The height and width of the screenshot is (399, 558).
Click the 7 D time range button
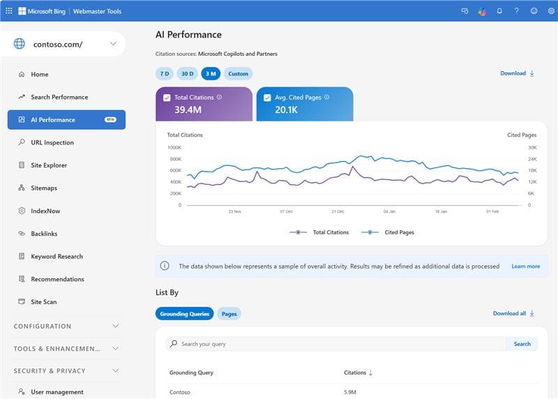165,73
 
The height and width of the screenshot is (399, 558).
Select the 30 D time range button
187,73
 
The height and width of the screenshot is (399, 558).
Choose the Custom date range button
238,73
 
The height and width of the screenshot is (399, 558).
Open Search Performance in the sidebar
59,97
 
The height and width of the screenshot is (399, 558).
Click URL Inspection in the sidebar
52,142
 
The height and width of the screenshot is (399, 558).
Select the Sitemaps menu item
44,188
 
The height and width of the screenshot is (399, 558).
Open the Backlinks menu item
44,234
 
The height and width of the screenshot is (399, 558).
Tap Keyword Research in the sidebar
56,257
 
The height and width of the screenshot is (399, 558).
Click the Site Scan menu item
44,302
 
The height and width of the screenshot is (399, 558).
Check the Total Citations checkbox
167,98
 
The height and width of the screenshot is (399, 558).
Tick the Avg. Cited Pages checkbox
268,98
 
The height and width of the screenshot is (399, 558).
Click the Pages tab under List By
229,314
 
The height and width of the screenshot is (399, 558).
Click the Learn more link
525,266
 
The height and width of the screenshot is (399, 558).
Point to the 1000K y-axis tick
174,148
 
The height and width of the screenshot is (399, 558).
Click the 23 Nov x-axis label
234,211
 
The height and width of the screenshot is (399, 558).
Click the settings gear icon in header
550,10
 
